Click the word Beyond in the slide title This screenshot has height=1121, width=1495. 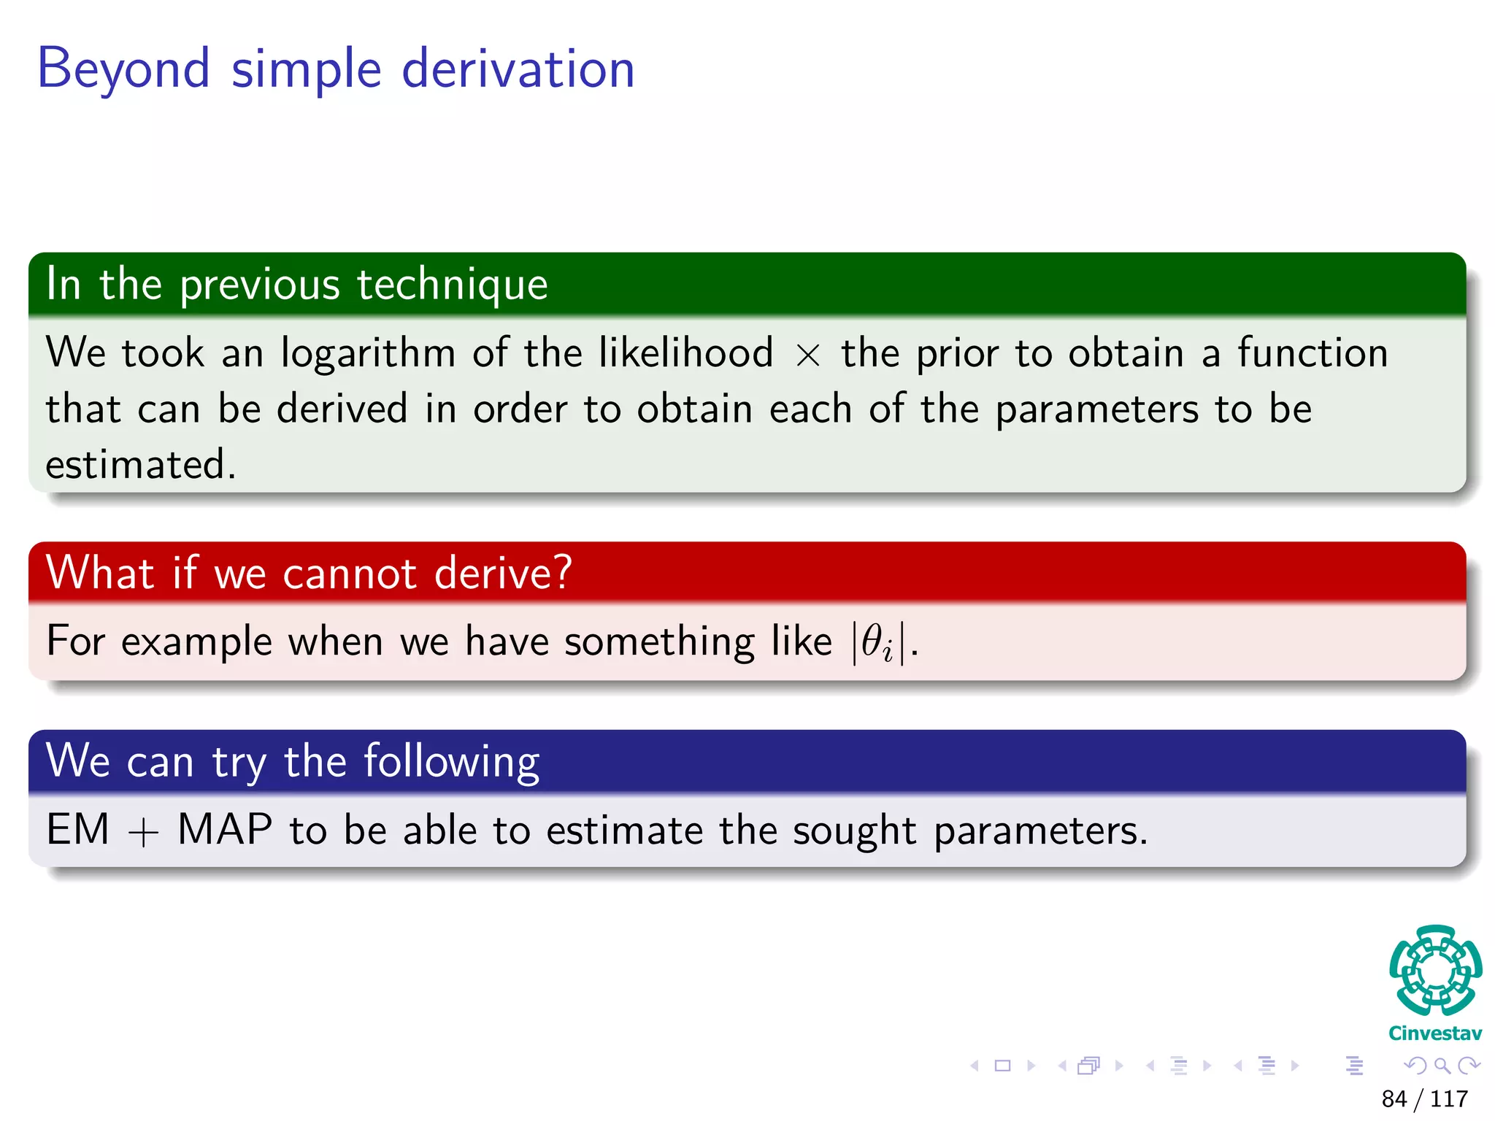coord(123,69)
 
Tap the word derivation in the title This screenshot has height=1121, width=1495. coord(518,69)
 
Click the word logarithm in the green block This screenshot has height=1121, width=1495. coord(368,353)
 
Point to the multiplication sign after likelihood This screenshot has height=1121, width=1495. coord(807,355)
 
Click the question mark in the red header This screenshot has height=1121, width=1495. coord(562,572)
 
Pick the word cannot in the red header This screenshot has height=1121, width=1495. coord(349,574)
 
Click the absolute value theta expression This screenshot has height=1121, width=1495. coord(879,643)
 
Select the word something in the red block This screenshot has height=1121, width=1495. coord(659,643)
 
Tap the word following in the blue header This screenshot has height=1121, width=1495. coord(451,762)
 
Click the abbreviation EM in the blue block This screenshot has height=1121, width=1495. coord(77,830)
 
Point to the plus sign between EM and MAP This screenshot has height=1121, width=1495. coord(143,832)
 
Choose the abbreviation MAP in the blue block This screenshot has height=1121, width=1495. coord(225,830)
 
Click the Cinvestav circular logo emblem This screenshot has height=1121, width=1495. coord(1435,971)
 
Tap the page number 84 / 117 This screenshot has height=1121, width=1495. coord(1424,1098)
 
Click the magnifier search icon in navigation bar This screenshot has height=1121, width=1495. coord(1442,1066)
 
